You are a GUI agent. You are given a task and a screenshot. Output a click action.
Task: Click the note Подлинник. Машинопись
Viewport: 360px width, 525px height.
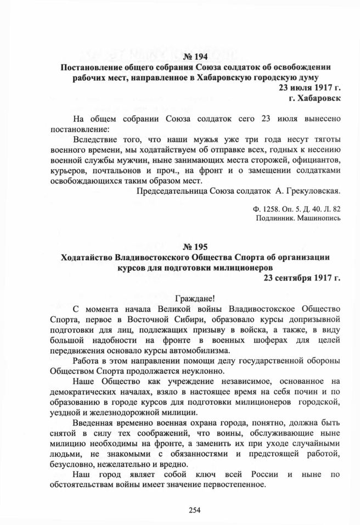click(x=299, y=219)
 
